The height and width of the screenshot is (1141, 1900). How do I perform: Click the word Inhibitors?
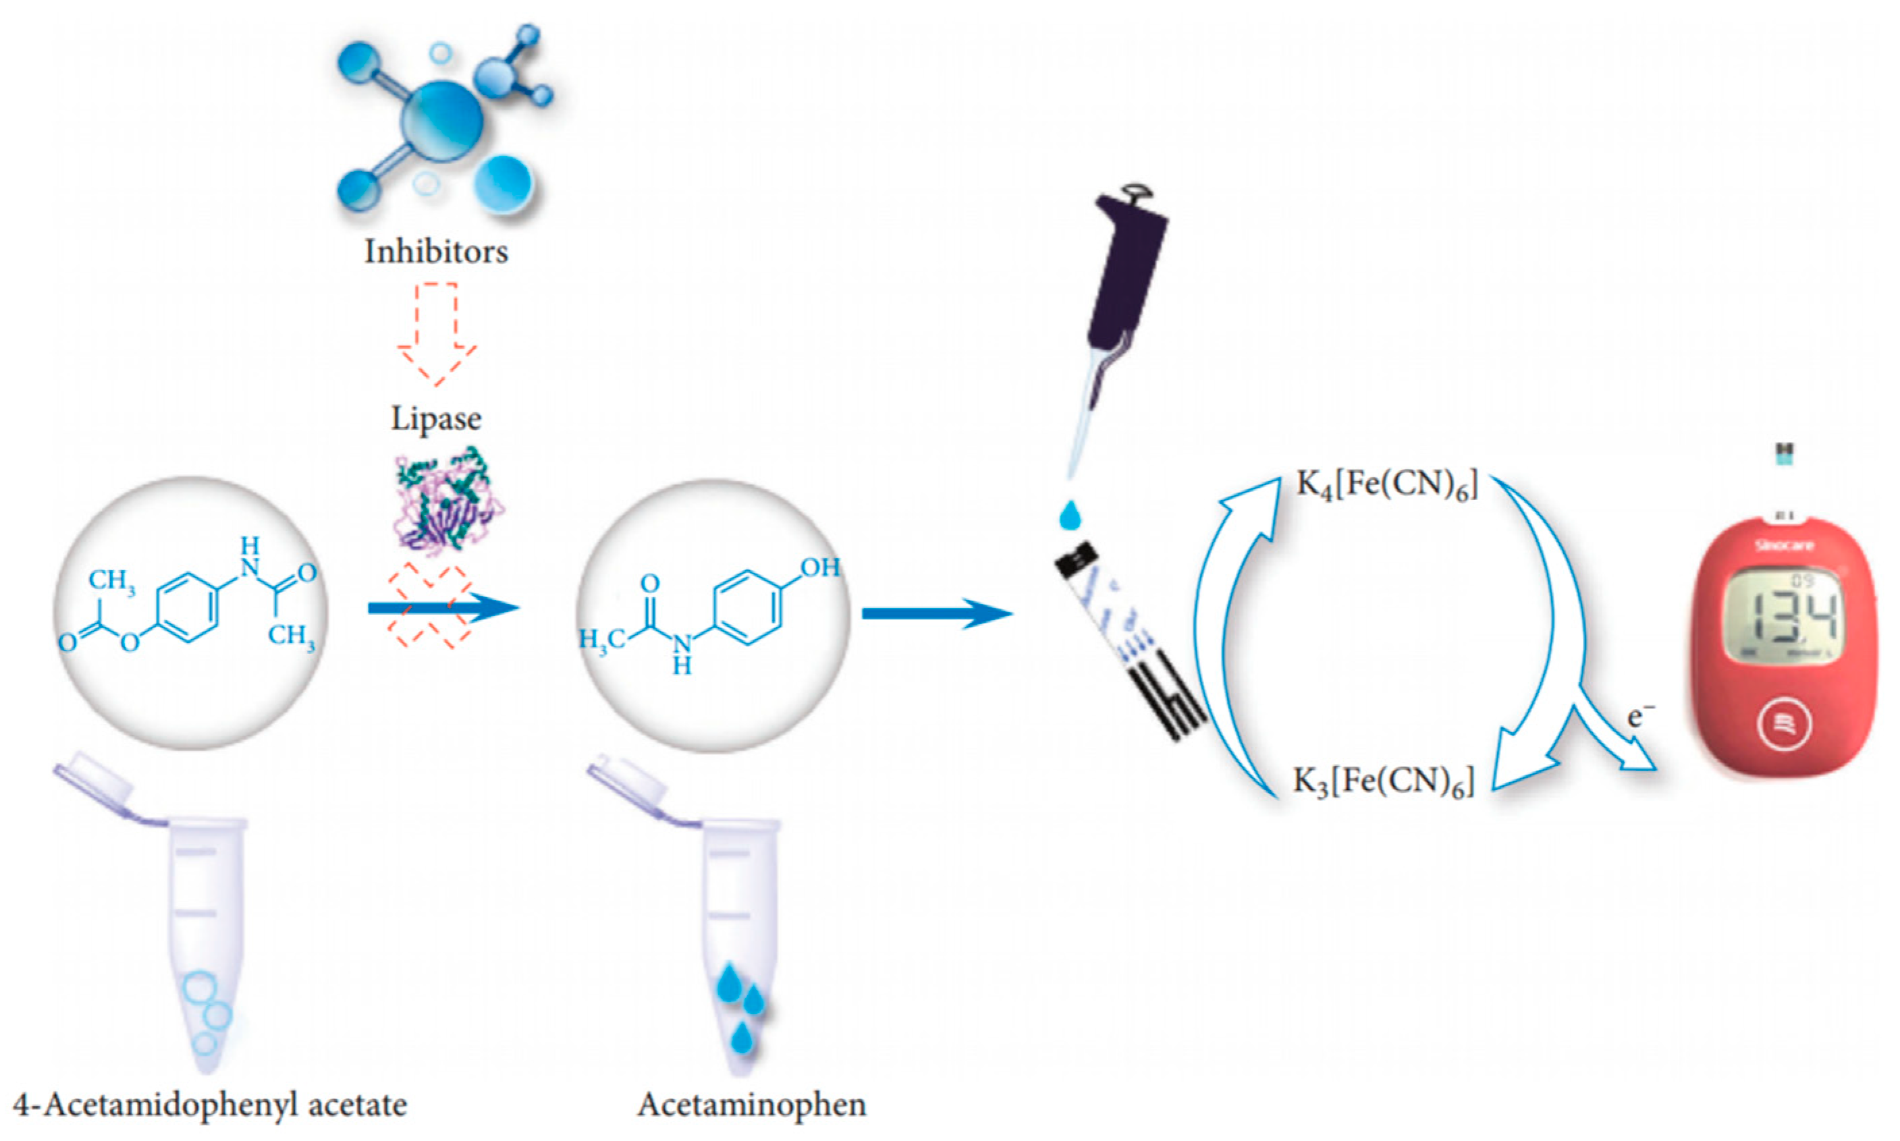pyautogui.click(x=436, y=252)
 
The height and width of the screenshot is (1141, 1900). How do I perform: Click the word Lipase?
pyautogui.click(x=436, y=419)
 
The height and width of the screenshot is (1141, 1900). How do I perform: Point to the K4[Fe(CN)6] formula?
pyautogui.click(x=1386, y=486)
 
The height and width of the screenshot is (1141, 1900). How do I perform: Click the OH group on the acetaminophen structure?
pyautogui.click(x=819, y=567)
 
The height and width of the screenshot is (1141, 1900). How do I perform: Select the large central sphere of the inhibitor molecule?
pyautogui.click(x=442, y=121)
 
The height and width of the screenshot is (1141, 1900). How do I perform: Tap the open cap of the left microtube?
pyautogui.click(x=96, y=777)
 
